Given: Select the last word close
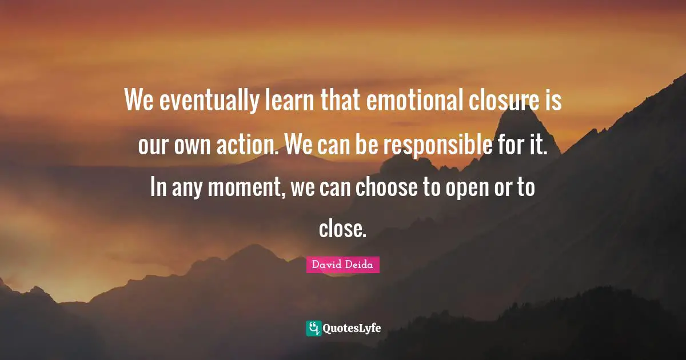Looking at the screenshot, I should (342, 230).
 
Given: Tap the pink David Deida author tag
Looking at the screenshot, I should (342, 265).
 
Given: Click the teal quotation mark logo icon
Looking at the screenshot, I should (313, 328).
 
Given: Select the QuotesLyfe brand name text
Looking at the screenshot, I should (352, 329).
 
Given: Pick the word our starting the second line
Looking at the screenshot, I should (152, 145).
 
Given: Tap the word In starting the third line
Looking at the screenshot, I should (157, 187).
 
